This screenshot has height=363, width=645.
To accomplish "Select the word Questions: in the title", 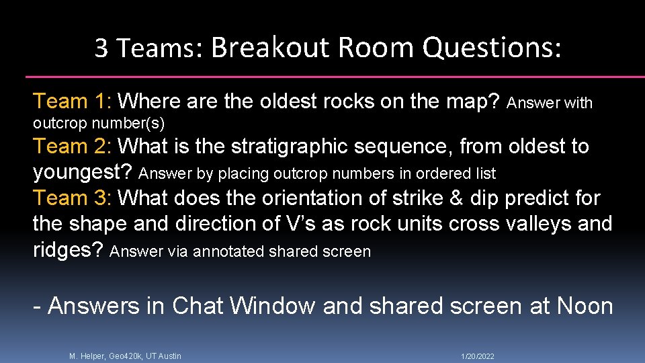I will click(492, 48).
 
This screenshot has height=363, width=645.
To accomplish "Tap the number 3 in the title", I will click(101, 48).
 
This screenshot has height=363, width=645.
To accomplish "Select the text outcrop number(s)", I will click(99, 124).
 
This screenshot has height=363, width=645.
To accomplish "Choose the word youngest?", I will click(83, 172).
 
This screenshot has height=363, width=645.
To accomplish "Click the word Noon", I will click(585, 306).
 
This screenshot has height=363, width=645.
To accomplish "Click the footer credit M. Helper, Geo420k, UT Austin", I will click(125, 356).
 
